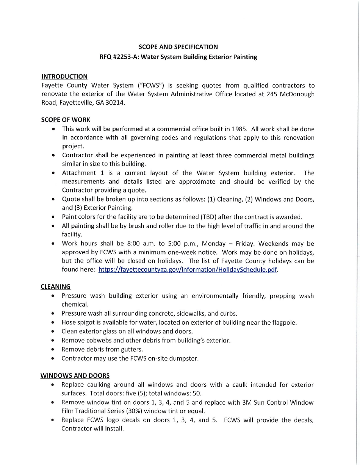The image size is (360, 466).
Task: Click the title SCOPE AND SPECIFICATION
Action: [x=178, y=47]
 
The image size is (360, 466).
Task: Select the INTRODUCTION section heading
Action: [x=64, y=77]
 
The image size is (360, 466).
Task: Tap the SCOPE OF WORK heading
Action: [x=66, y=120]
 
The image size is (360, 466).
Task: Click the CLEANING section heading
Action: [x=55, y=286]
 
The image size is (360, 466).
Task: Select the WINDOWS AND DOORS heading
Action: [x=75, y=375]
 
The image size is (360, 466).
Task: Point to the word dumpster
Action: [x=185, y=358]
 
